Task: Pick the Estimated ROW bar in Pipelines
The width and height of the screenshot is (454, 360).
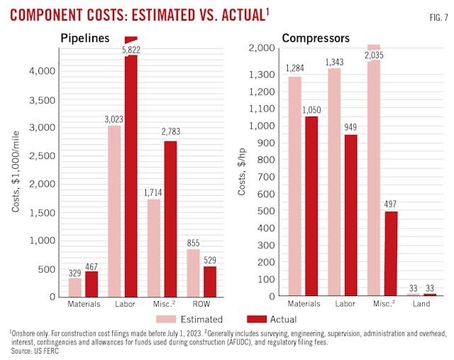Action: coord(194,273)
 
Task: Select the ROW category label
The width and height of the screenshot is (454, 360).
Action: coord(202,304)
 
